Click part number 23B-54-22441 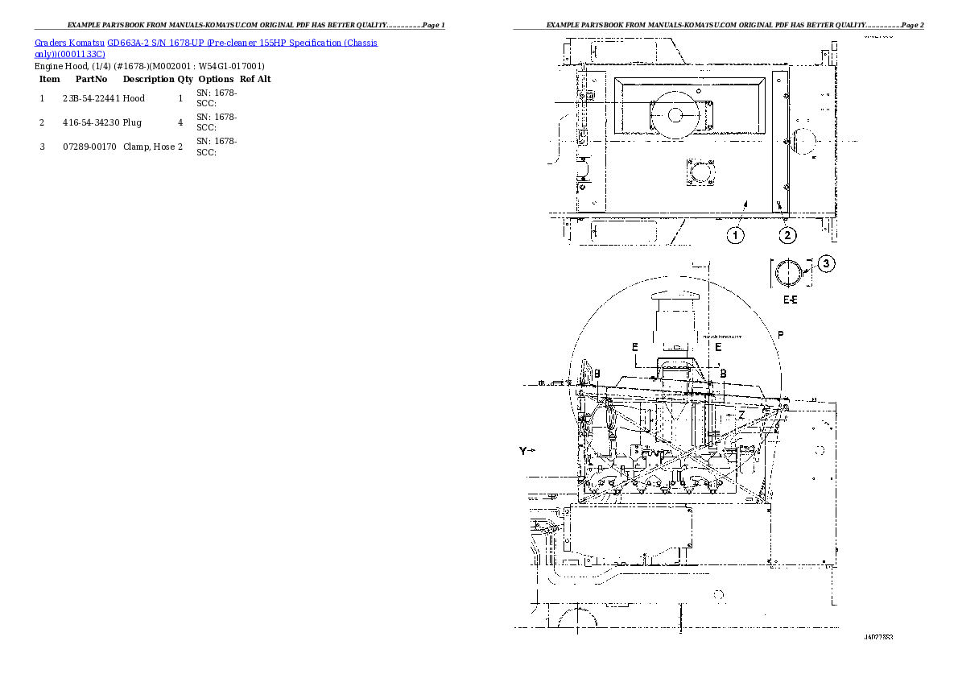click(x=90, y=98)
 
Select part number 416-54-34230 click(x=90, y=122)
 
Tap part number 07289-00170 click(x=90, y=147)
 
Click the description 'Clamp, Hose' click(x=149, y=147)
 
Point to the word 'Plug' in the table click(x=132, y=122)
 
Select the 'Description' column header click(x=148, y=79)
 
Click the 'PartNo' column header click(x=91, y=79)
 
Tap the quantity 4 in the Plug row click(x=180, y=122)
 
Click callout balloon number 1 click(x=736, y=235)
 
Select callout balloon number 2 click(x=787, y=235)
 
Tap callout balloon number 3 click(x=828, y=263)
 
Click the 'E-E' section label click(x=790, y=299)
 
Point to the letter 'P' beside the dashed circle click(x=780, y=334)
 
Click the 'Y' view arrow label click(x=523, y=452)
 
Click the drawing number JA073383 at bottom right click(x=878, y=637)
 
